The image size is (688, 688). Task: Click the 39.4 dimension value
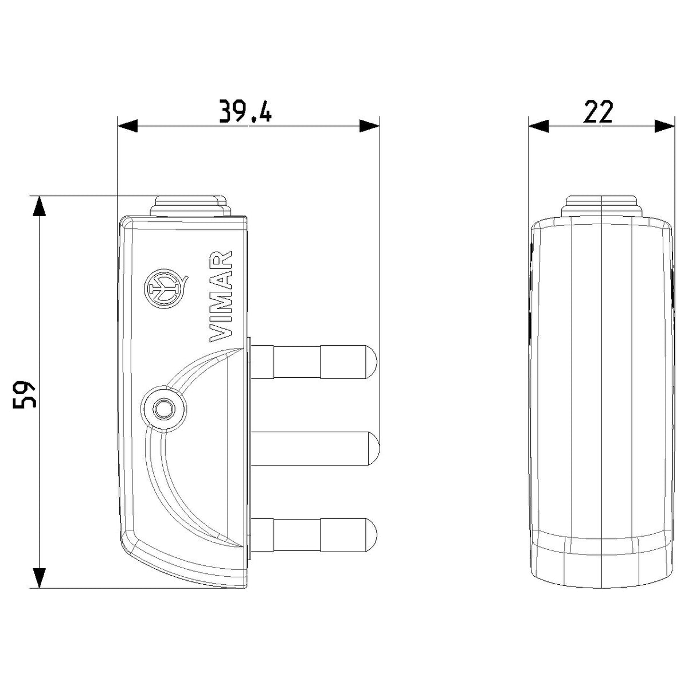click(x=245, y=111)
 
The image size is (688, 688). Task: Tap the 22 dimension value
click(x=598, y=111)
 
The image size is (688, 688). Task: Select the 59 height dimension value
click(x=24, y=394)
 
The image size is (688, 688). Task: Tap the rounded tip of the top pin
click(x=372, y=362)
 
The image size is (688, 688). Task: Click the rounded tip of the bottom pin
click(x=372, y=535)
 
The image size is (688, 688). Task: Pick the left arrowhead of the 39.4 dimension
click(x=127, y=126)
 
